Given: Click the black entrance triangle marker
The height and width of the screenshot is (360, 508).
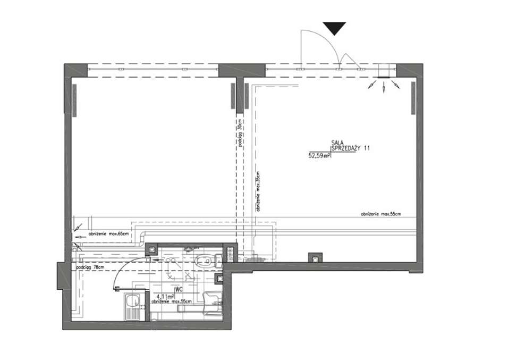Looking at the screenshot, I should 334,28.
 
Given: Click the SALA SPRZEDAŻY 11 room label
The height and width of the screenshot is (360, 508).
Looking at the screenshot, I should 349,146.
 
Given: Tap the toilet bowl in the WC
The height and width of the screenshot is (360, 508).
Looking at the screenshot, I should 205,260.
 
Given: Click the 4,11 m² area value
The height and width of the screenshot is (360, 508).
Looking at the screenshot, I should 165,297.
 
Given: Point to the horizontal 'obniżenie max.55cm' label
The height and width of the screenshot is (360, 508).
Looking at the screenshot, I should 380,214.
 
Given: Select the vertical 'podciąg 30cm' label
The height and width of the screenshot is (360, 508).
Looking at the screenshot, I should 240,136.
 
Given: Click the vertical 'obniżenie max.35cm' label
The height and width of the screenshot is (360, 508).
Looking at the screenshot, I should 258,191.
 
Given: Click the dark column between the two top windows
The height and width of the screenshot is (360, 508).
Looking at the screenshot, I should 241,71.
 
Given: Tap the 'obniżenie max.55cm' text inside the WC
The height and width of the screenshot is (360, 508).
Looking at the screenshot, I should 171,302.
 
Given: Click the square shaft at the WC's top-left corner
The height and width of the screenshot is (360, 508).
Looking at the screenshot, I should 151,248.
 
